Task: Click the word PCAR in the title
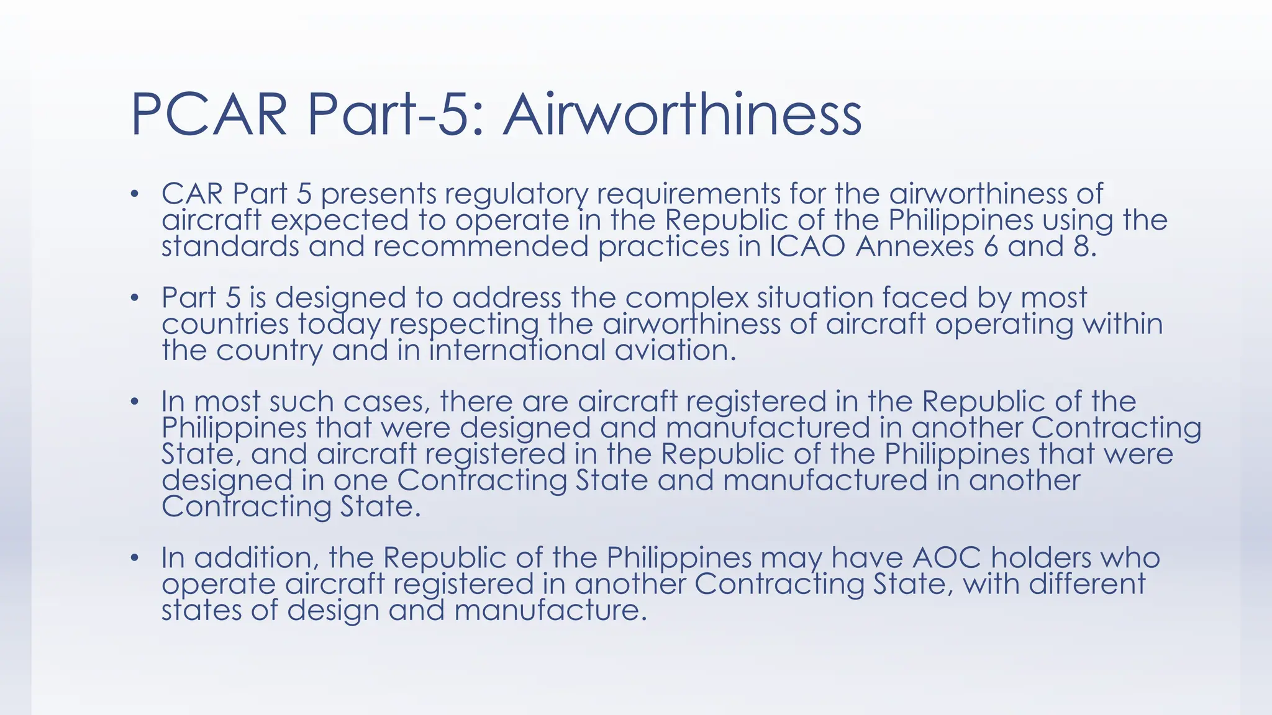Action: point(209,115)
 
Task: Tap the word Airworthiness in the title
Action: point(682,115)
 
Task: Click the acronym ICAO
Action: point(807,247)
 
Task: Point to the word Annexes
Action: point(915,247)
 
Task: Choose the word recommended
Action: point(480,247)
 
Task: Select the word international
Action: point(517,351)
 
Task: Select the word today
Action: point(339,325)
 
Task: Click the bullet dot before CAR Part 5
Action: point(134,194)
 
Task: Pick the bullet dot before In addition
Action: point(134,558)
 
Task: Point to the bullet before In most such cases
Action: point(134,402)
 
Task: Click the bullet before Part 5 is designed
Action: point(134,299)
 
